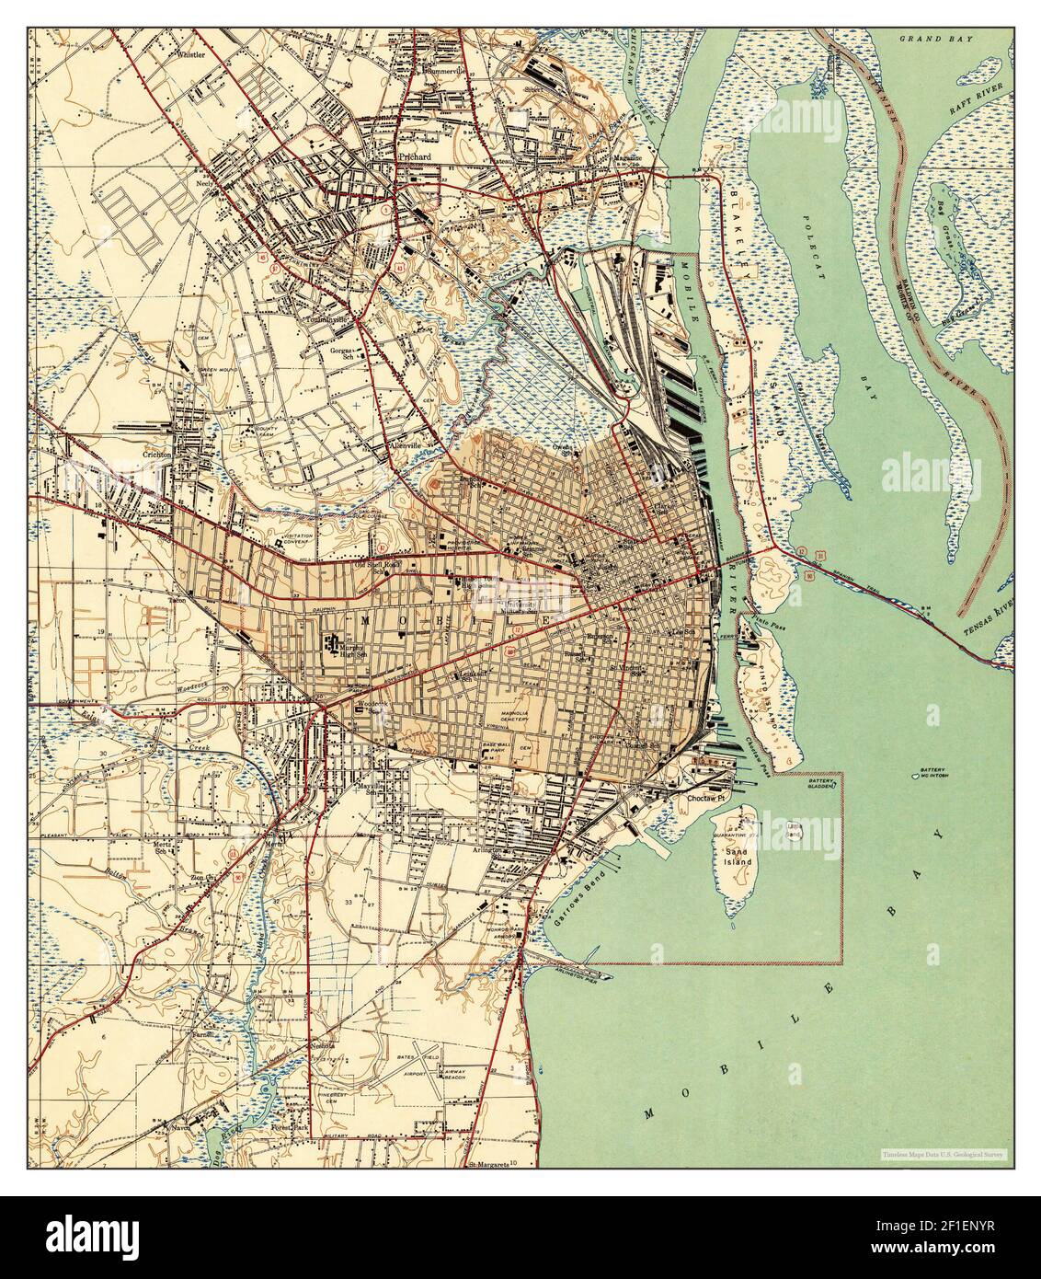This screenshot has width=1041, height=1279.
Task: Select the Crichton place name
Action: [x=158, y=454]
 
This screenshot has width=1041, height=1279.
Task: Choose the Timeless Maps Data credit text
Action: [x=943, y=1153]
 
